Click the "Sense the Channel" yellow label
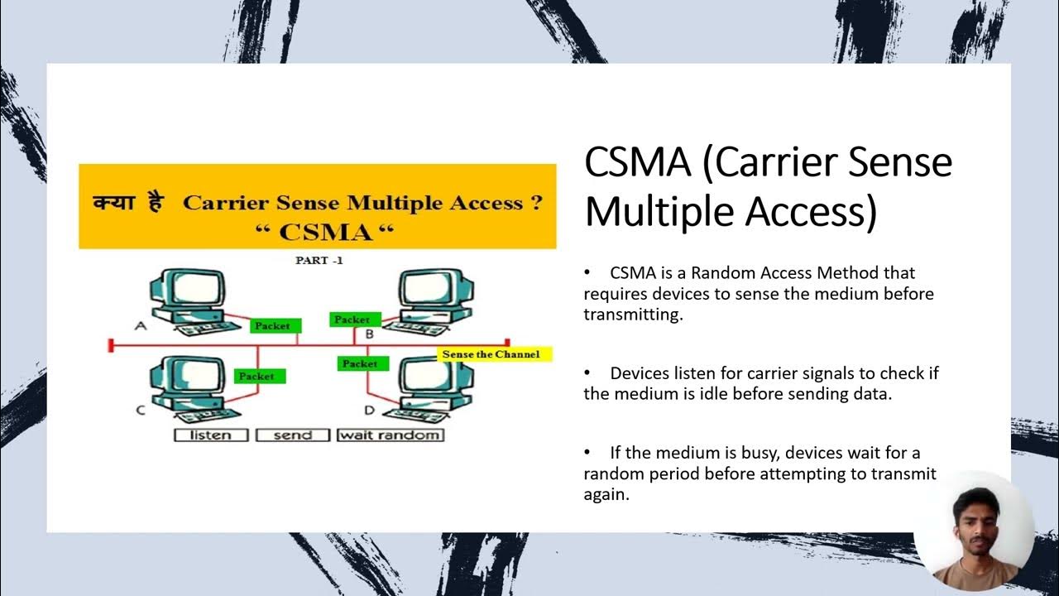(x=491, y=354)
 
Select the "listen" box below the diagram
(x=211, y=435)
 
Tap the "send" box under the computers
(x=292, y=435)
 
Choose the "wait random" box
(x=390, y=435)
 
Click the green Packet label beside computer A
(x=273, y=326)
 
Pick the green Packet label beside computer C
(x=256, y=376)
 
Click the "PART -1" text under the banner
(x=319, y=260)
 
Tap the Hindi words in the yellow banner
(x=128, y=203)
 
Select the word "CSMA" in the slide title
(x=637, y=163)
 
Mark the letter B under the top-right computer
(x=370, y=334)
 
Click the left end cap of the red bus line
(x=110, y=344)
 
